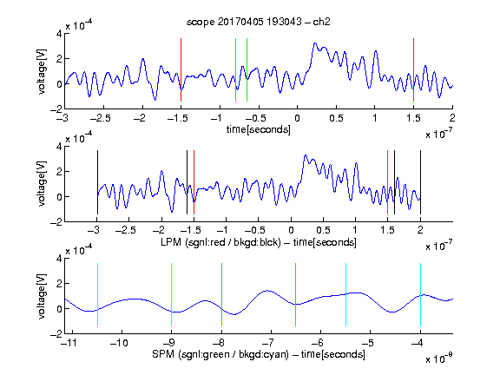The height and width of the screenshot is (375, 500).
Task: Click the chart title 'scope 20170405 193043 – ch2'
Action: point(259,22)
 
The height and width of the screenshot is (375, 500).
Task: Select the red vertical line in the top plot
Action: point(181,69)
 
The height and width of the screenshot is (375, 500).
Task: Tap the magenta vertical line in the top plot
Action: point(413,69)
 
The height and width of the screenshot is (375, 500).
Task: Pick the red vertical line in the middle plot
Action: point(194,182)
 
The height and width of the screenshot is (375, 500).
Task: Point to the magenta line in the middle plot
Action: point(387,182)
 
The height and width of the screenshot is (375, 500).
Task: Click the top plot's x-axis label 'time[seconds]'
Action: point(259,129)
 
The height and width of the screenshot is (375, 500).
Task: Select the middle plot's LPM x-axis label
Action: point(259,242)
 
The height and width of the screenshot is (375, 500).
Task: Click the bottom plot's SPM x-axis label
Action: point(259,354)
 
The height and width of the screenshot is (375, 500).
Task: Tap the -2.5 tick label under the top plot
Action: point(101,118)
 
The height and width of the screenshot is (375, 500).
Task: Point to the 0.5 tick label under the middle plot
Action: point(323,230)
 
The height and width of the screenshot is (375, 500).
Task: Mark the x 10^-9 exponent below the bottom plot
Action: point(438,358)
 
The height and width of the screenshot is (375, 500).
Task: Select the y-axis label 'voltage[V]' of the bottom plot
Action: point(42,296)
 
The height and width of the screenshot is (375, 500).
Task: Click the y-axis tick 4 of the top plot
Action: point(59,34)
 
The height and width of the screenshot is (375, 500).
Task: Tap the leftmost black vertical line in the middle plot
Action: point(97,182)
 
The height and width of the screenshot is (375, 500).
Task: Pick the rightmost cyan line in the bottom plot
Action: point(421,294)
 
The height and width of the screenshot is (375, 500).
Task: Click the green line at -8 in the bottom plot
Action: point(221,294)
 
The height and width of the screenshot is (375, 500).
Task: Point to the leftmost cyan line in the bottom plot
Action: point(97,294)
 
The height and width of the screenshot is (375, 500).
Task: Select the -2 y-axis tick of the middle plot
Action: point(56,222)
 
